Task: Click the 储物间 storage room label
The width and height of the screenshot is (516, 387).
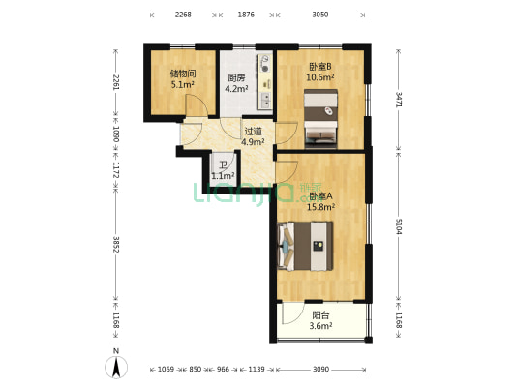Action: (183, 73)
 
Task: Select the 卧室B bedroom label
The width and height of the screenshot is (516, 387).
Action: (319, 67)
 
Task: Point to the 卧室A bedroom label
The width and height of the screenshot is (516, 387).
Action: (320, 194)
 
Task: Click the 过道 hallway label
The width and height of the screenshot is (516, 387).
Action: (253, 131)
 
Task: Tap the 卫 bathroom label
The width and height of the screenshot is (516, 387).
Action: (222, 164)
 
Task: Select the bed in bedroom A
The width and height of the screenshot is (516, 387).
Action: (305, 246)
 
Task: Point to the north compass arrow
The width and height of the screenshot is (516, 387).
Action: (114, 367)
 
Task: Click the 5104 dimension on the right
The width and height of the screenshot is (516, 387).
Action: (398, 228)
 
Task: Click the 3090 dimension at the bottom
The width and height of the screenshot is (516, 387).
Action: (321, 370)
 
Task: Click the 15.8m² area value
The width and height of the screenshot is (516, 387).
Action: (320, 206)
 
